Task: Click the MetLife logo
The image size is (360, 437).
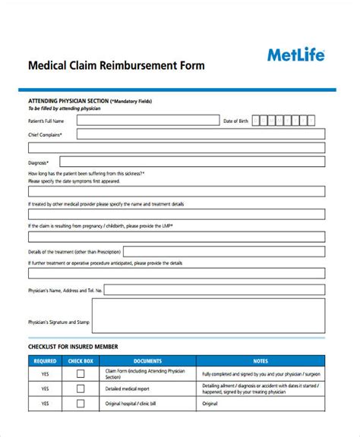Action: pos(296,55)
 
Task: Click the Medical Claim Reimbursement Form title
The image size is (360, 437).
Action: pos(115,65)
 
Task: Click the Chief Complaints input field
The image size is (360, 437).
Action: pos(201,134)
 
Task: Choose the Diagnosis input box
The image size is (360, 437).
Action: pos(192,162)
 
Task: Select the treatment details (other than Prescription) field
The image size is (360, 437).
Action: pos(224,251)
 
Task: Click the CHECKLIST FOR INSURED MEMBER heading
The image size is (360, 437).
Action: pos(74,347)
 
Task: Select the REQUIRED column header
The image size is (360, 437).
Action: pos(45,361)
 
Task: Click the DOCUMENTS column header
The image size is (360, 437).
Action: pos(147,361)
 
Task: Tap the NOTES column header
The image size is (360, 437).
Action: pos(261,361)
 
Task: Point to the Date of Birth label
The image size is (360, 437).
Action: pos(235,121)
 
